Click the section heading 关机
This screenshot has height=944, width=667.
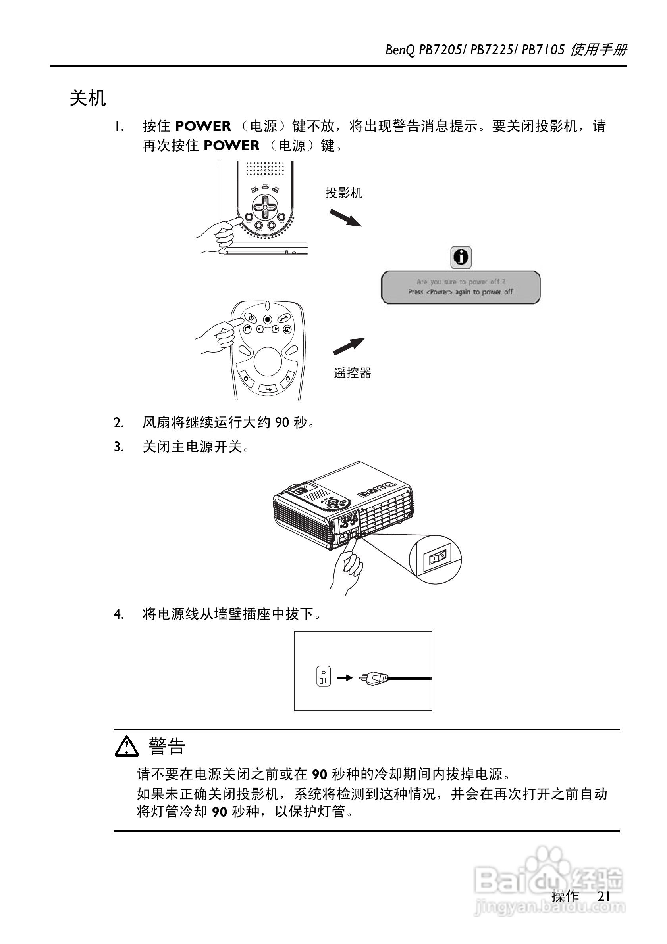88,98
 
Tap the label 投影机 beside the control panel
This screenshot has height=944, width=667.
343,193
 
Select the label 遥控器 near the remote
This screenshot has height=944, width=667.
352,373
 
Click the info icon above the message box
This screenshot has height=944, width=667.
461,257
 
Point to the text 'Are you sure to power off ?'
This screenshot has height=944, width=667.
461,282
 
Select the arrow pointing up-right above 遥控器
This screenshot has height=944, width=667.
349,346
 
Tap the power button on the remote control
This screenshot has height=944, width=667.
250,318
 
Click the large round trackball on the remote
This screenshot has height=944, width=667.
268,361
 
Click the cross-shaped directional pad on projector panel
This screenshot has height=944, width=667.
265,207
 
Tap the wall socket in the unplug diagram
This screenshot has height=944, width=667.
324,676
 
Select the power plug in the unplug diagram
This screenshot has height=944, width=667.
373,677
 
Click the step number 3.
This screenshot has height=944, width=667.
118,447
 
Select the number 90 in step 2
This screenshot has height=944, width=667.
282,422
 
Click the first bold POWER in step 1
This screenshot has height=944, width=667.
203,126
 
